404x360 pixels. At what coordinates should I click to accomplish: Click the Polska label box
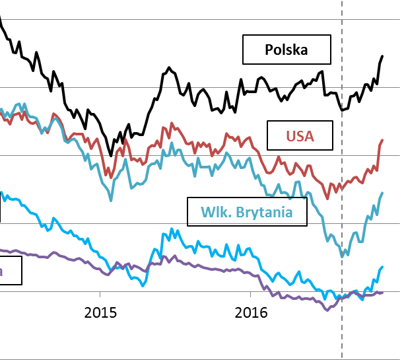(286, 50)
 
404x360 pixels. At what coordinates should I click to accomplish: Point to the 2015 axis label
(100, 312)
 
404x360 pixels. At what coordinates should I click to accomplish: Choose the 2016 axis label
(252, 312)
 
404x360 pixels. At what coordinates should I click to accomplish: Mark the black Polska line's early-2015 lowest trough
(110, 155)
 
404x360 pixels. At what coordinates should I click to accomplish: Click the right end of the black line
(382, 57)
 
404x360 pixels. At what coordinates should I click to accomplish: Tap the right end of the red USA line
(382, 140)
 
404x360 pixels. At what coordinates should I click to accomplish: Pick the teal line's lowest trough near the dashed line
(342, 256)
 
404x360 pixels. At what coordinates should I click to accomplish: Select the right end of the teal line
(382, 193)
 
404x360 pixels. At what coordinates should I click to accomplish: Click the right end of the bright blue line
(382, 267)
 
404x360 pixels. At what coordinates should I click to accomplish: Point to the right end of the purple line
(382, 291)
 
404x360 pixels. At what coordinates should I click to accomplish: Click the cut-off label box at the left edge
(11, 270)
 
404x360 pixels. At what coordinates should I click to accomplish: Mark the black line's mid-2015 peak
(169, 67)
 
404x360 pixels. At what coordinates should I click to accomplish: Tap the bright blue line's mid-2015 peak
(172, 229)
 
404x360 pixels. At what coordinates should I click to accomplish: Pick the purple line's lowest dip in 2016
(325, 310)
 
